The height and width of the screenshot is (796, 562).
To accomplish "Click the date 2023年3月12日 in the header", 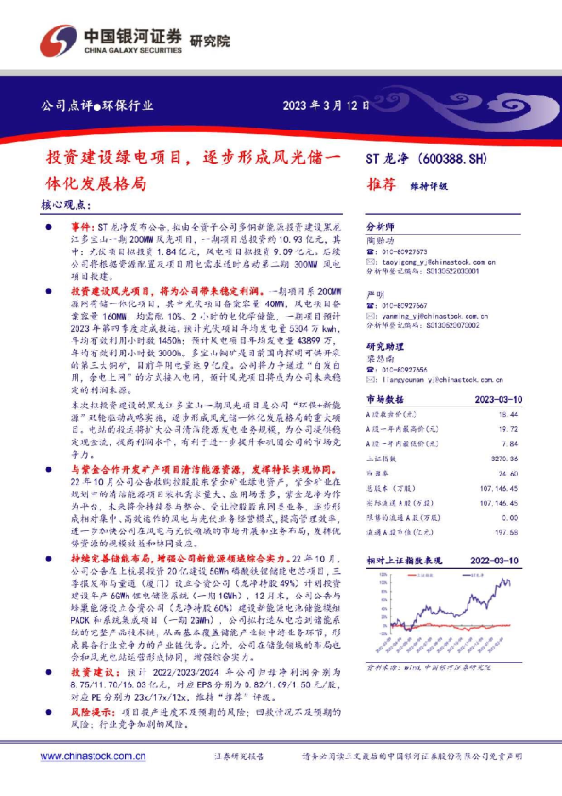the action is [x=326, y=105].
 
